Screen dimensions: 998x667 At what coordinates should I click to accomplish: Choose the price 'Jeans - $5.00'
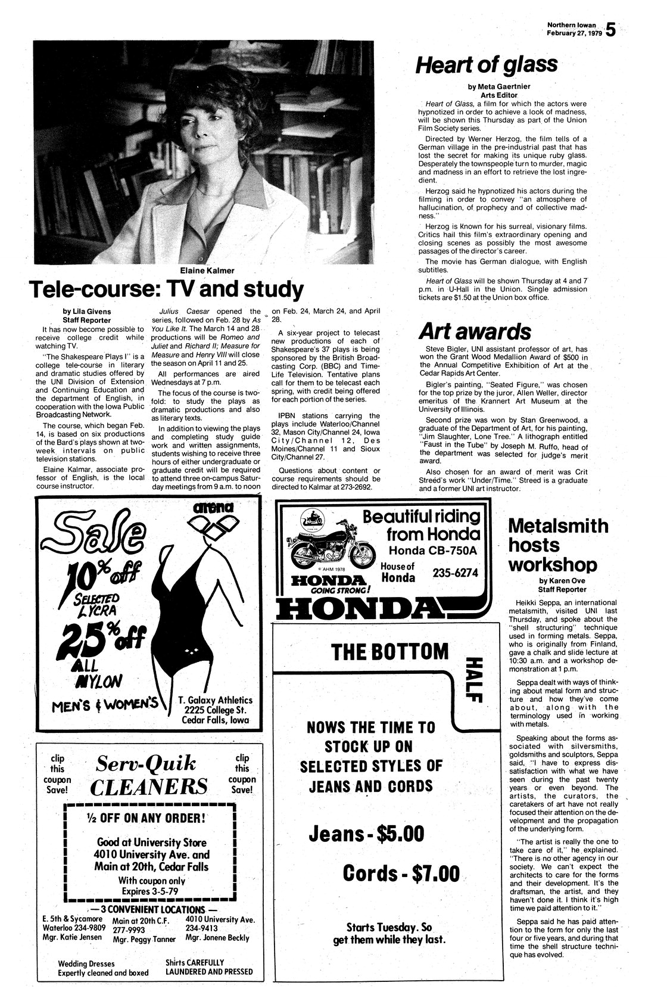366,833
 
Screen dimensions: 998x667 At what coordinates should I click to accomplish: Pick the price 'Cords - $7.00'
401,873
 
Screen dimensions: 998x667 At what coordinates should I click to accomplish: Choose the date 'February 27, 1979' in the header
574,33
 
